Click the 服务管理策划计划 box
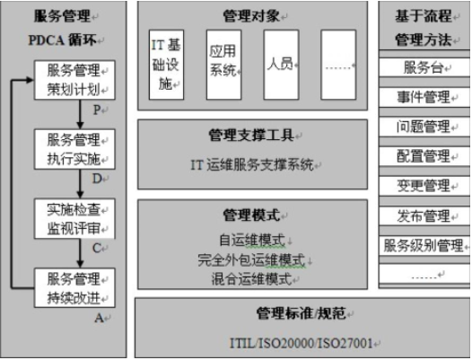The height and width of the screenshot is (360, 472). [x=74, y=80]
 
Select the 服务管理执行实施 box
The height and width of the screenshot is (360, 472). [x=74, y=149]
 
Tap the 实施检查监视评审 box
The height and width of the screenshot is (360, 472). [x=74, y=219]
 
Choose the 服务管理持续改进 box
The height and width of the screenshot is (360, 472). [x=74, y=288]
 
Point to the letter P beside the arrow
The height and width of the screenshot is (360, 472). [x=97, y=110]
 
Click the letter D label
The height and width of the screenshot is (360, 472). [x=97, y=179]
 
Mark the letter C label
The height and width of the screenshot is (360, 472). [x=97, y=249]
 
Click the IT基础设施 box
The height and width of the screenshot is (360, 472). [x=167, y=65]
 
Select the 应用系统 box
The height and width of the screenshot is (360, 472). [x=223, y=65]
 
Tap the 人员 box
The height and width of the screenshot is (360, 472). [x=281, y=65]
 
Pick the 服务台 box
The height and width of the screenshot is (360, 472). [x=424, y=67]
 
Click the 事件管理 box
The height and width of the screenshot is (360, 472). [x=424, y=97]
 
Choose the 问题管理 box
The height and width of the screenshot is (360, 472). [x=424, y=127]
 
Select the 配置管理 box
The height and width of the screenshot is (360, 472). [x=424, y=156]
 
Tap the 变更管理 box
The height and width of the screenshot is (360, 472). [x=424, y=186]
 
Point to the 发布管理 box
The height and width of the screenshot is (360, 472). [x=424, y=215]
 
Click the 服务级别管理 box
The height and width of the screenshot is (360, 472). [x=424, y=245]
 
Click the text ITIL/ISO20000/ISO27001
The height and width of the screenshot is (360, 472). [x=302, y=343]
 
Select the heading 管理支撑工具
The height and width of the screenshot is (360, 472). [x=251, y=136]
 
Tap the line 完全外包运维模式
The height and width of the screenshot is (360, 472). [x=251, y=259]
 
